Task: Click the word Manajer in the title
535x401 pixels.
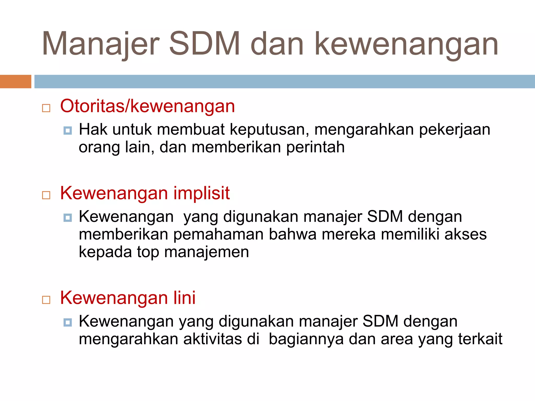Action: pos(101,44)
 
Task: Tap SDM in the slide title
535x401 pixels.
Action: pos(204,44)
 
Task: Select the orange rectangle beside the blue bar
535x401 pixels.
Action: pos(15,81)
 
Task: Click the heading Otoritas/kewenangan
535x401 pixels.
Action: pos(148,106)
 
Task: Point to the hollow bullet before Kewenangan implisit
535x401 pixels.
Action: pos(46,195)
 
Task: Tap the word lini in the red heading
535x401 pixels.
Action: pos(184,298)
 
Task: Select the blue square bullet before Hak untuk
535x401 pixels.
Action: pos(68,130)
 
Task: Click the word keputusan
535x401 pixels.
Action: pos(269,130)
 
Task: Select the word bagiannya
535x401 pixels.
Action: pos(306,339)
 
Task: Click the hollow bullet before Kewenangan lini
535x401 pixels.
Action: pos(46,300)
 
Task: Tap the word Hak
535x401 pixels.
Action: pos(93,129)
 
